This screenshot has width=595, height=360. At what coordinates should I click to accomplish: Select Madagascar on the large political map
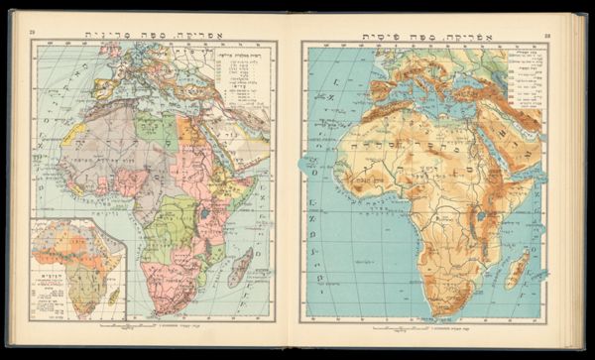(240, 267)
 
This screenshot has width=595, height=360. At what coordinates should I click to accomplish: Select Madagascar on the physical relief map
(517, 268)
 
